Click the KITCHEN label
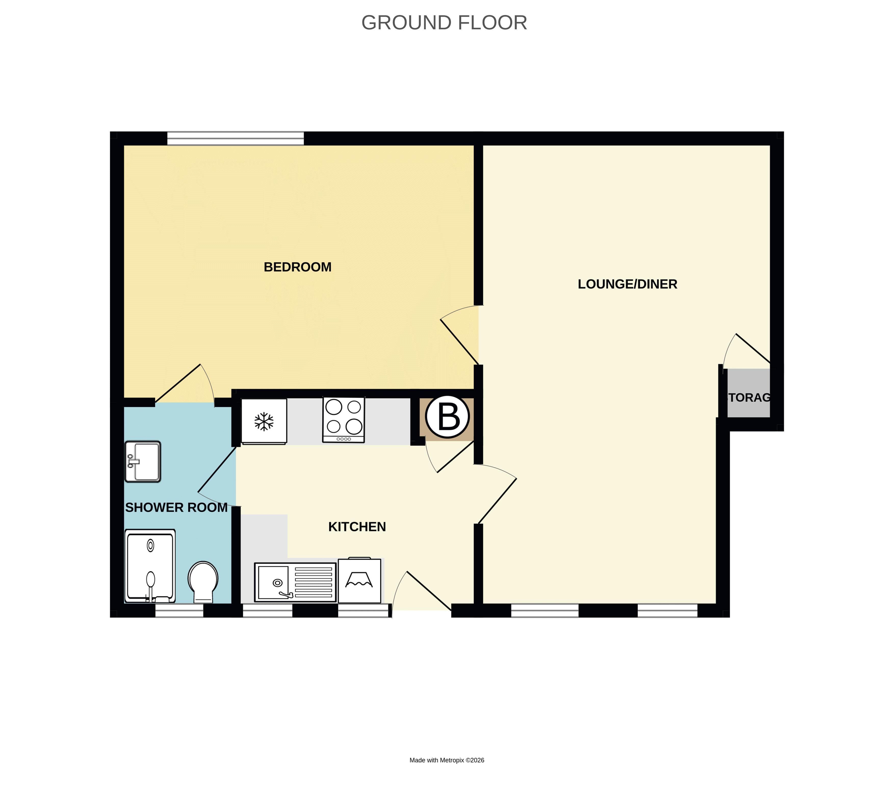pyautogui.click(x=357, y=527)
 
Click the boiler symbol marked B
pyautogui.click(x=447, y=417)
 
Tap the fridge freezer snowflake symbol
pyautogui.click(x=264, y=422)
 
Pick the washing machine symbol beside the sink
pyautogui.click(x=359, y=580)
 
